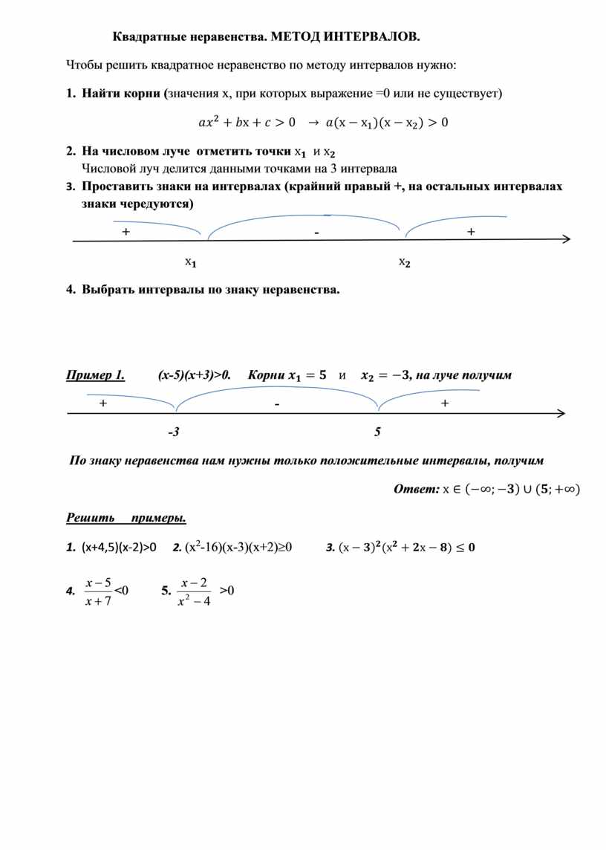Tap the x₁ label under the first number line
pos(191,262)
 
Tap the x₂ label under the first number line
pos(405,262)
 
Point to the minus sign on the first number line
pos(316,233)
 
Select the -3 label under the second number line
pos(174,432)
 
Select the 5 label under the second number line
pos(377,432)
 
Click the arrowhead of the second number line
pos(561,413)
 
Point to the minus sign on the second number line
pos(276,404)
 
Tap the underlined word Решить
pos(90,517)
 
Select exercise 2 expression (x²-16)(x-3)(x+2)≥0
pos(238,548)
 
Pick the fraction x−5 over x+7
pos(98,591)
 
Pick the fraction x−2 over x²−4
pos(195,591)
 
